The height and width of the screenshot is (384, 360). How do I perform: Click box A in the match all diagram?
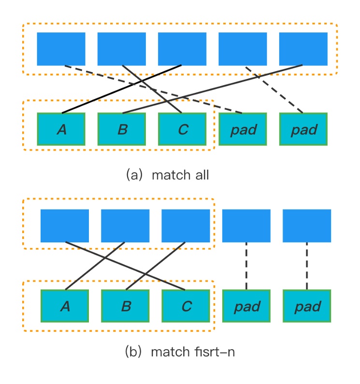[61, 129]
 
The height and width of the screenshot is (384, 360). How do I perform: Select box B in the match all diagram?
[122, 129]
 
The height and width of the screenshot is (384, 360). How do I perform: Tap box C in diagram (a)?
[182, 129]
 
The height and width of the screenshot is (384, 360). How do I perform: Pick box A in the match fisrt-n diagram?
[65, 306]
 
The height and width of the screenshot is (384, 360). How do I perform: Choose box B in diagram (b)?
[125, 306]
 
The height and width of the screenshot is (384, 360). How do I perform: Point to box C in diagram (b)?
[186, 306]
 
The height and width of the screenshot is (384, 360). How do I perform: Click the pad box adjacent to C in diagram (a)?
[243, 129]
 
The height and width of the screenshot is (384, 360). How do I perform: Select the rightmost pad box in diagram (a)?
[303, 129]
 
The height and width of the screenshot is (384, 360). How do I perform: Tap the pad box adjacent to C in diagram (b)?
[246, 306]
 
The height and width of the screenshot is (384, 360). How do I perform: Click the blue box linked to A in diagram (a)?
[182, 49]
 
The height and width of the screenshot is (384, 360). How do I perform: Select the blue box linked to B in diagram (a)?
[303, 49]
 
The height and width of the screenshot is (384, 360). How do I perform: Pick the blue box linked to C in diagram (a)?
[122, 49]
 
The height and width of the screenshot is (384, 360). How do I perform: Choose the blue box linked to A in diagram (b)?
[125, 225]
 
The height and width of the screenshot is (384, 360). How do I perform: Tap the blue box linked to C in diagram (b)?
[65, 225]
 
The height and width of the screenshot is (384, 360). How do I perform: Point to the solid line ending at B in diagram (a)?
[213, 89]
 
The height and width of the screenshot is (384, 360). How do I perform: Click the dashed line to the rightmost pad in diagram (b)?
[307, 266]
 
